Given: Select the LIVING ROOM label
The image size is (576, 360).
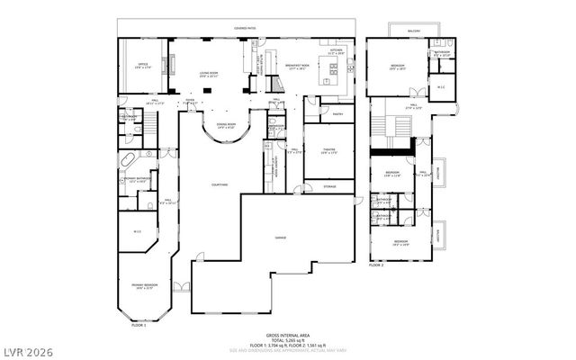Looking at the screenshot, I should (x=210, y=75).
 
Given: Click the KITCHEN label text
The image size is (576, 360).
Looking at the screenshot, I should (x=337, y=52).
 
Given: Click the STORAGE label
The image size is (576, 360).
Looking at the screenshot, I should (x=330, y=186).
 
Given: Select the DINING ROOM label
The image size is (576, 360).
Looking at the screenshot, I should (x=226, y=126).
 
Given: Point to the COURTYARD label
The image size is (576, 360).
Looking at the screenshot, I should (x=220, y=184).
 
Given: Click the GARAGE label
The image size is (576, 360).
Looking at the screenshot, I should (x=281, y=237).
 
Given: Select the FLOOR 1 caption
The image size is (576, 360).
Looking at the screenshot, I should (x=138, y=324).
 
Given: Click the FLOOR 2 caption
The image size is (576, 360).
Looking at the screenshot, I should (x=376, y=265).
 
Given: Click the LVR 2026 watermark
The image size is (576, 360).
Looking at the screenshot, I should (x=29, y=346).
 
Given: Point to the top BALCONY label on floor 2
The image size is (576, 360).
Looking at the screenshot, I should (x=414, y=30).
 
